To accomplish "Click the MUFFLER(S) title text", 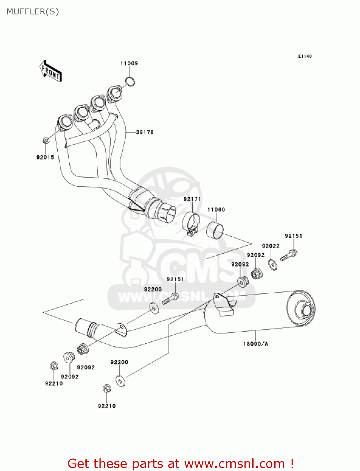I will (33, 12).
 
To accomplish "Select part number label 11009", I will (129, 63).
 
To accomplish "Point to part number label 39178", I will (145, 132).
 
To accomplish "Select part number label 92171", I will (192, 199).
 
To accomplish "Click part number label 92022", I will (271, 246).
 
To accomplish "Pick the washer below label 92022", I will (273, 264).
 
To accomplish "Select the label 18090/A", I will (255, 344).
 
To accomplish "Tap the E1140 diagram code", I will (305, 56).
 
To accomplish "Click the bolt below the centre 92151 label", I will (170, 299).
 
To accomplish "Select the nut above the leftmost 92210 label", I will (53, 366).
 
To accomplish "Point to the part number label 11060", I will (216, 209).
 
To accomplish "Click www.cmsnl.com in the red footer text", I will (234, 463).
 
